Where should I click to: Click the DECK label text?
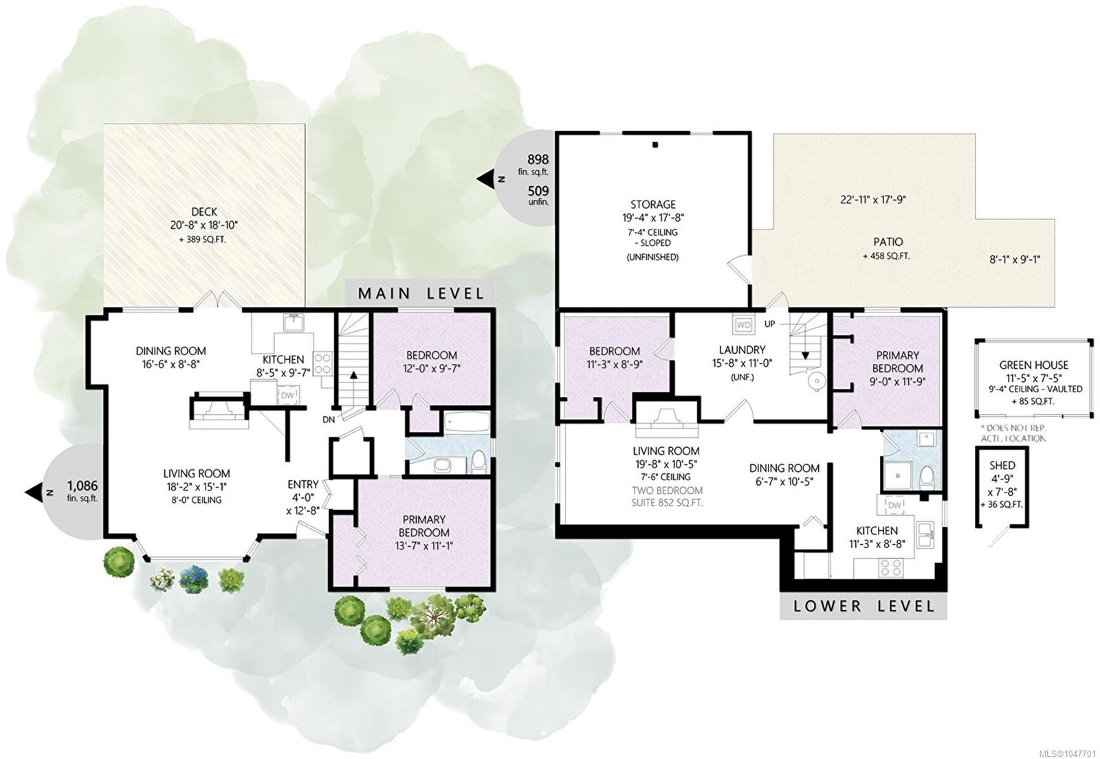(x=203, y=212)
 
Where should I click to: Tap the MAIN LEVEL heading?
(x=421, y=293)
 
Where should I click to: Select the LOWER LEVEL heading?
(x=863, y=606)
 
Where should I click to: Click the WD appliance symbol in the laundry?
(x=744, y=325)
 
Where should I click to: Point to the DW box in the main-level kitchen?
(x=287, y=395)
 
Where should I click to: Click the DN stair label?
(x=329, y=420)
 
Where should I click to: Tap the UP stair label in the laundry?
(x=769, y=324)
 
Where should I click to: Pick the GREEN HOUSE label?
(x=1034, y=365)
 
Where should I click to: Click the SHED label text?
(x=1002, y=465)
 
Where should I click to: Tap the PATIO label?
(x=888, y=242)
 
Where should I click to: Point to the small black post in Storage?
(x=655, y=145)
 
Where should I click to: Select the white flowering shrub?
(x=162, y=580)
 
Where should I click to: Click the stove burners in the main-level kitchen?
(x=322, y=363)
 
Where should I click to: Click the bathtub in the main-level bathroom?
(x=467, y=422)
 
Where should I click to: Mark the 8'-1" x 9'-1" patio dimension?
(x=1015, y=260)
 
